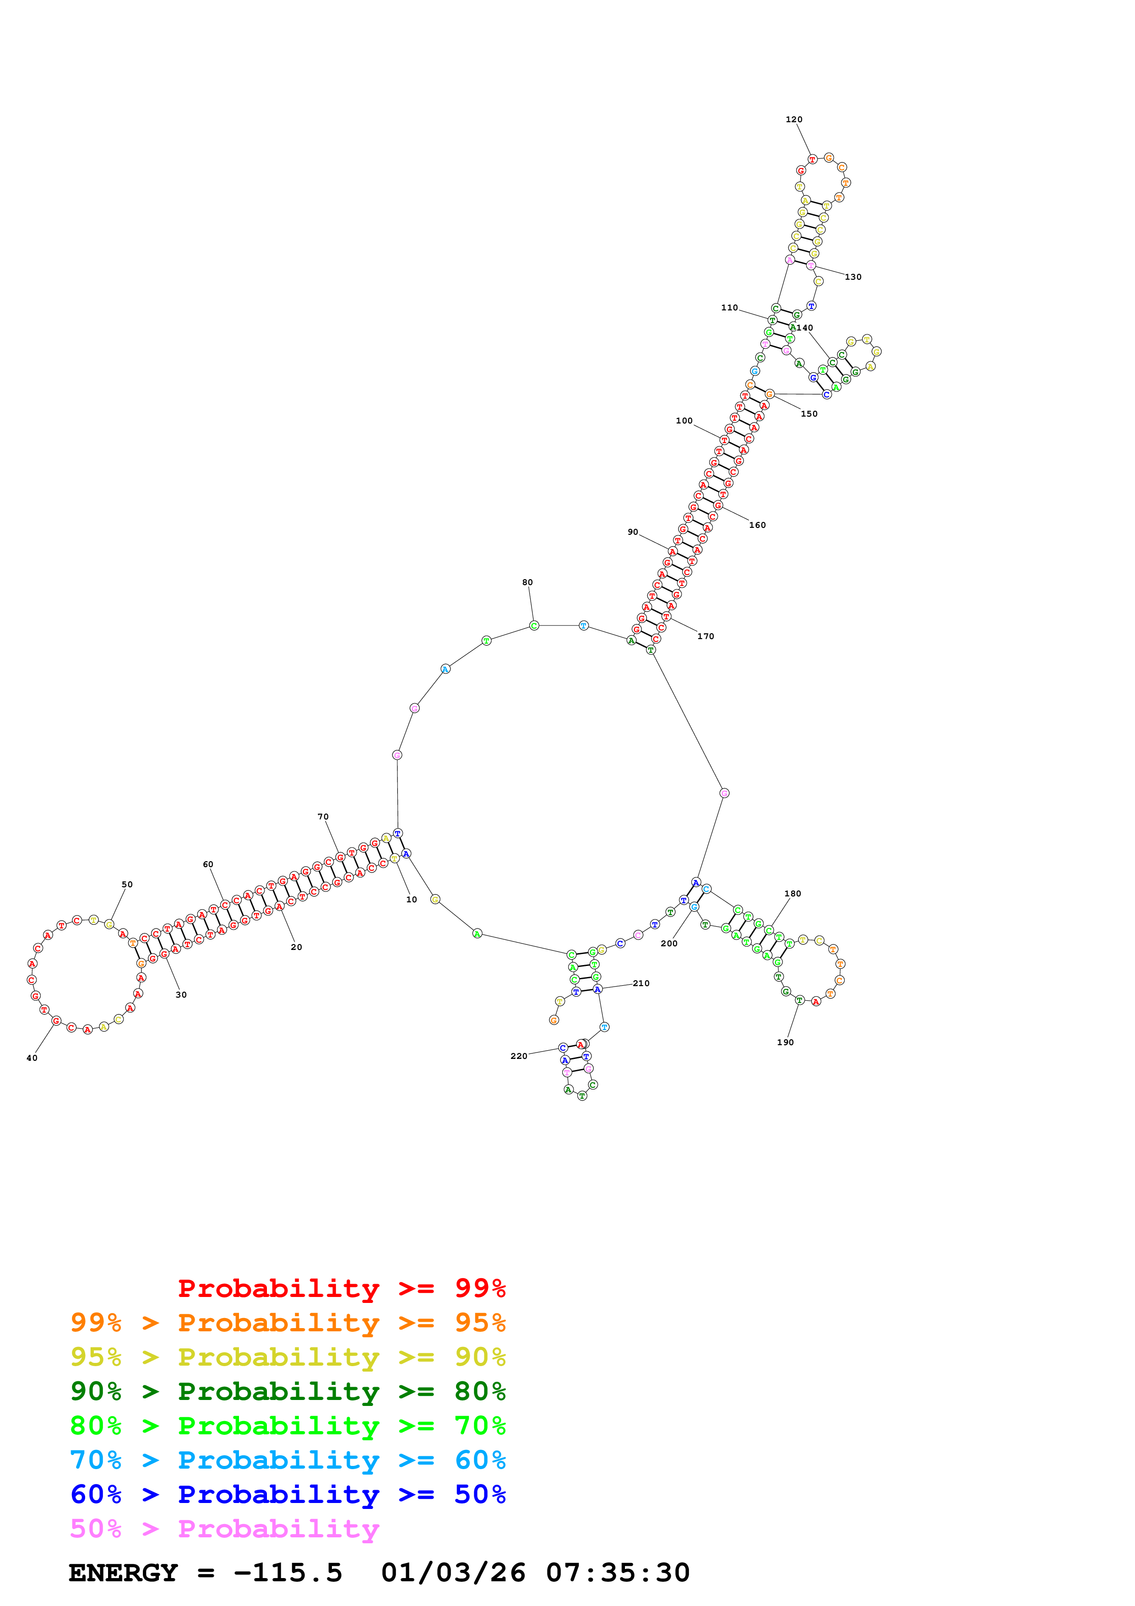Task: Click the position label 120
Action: pyautogui.click(x=794, y=119)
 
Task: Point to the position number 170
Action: pyautogui.click(x=706, y=636)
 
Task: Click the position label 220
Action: pyautogui.click(x=519, y=1056)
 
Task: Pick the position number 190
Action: pyautogui.click(x=785, y=1042)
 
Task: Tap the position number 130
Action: pyautogui.click(x=853, y=277)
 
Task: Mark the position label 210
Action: pyautogui.click(x=641, y=983)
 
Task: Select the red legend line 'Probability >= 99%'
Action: pyautogui.click(x=341, y=1288)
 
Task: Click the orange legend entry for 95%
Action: pyautogui.click(x=288, y=1323)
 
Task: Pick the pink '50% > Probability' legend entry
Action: pyautogui.click(x=224, y=1528)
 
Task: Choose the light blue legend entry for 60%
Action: pyautogui.click(x=288, y=1460)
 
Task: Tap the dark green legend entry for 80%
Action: pyautogui.click(x=288, y=1391)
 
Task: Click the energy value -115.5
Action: pyautogui.click(x=288, y=1573)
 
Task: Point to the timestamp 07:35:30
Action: pyautogui.click(x=618, y=1573)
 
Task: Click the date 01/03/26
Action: pyautogui.click(x=453, y=1573)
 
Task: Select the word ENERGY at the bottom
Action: pyautogui.click(x=123, y=1573)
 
